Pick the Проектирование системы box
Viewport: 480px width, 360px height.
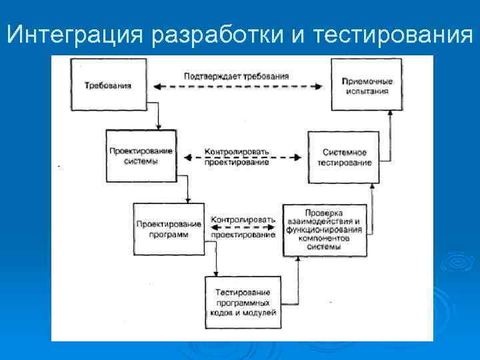pos(141,156)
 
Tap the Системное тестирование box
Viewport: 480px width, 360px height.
pos(344,157)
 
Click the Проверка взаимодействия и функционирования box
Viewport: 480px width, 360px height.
pos(324,230)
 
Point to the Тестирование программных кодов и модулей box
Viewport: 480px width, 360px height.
pos(242,301)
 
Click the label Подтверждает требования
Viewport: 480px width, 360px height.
pos(237,76)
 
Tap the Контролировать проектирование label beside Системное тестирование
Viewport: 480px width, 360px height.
pos(237,157)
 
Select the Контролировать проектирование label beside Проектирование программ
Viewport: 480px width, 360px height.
pos(242,227)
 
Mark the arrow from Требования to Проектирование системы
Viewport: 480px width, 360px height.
pos(158,119)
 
